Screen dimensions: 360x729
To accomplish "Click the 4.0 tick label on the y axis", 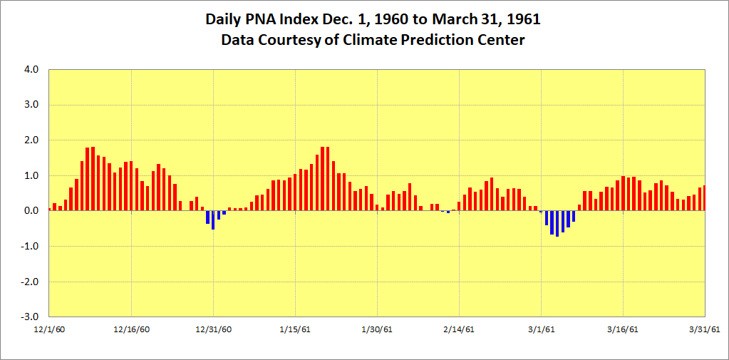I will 32,70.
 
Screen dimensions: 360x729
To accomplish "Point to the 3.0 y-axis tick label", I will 32,105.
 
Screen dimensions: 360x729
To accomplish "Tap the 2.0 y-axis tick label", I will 32,140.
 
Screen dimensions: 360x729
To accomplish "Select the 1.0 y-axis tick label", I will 32,175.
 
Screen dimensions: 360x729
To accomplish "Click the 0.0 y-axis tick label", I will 32,211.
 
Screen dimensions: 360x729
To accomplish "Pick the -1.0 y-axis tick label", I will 31,246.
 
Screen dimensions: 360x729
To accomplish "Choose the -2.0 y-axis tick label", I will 31,282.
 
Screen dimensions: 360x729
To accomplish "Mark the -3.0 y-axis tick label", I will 31,317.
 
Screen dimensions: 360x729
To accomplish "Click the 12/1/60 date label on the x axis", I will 49,329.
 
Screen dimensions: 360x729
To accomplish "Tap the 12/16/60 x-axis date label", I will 131,329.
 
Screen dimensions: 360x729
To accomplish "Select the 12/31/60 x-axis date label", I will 213,329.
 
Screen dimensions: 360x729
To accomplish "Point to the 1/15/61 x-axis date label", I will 295,329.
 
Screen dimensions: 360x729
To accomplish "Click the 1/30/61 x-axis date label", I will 377,329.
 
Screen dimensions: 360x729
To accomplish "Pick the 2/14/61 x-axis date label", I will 459,329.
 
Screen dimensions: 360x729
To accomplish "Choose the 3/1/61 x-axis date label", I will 541,329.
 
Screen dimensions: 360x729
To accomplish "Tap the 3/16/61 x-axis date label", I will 623,329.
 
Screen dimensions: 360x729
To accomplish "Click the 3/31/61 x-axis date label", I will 705,329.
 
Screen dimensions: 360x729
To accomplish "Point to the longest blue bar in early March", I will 557,224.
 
